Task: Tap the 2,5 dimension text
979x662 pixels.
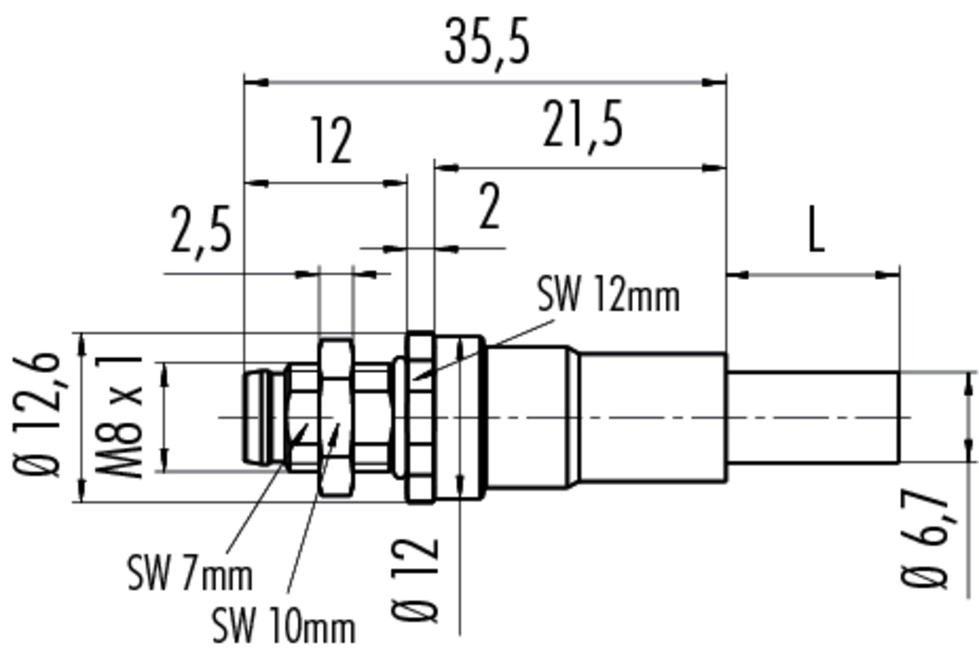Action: click(201, 234)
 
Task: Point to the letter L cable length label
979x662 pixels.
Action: click(817, 229)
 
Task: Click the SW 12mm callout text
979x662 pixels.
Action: click(609, 294)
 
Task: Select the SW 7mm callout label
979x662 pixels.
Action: click(190, 573)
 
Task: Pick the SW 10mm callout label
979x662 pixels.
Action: click(284, 625)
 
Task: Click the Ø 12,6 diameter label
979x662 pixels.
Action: click(36, 414)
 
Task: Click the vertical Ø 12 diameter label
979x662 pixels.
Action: click(414, 580)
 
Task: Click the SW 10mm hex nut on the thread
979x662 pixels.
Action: click(335, 418)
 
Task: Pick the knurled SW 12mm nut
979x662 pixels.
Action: click(420, 418)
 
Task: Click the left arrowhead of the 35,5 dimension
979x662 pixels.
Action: click(256, 82)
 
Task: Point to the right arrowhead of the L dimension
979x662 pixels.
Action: click(888, 275)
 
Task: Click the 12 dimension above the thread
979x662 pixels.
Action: click(333, 140)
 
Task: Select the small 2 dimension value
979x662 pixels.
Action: click(489, 206)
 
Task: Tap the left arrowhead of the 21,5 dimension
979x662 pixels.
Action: click(447, 167)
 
